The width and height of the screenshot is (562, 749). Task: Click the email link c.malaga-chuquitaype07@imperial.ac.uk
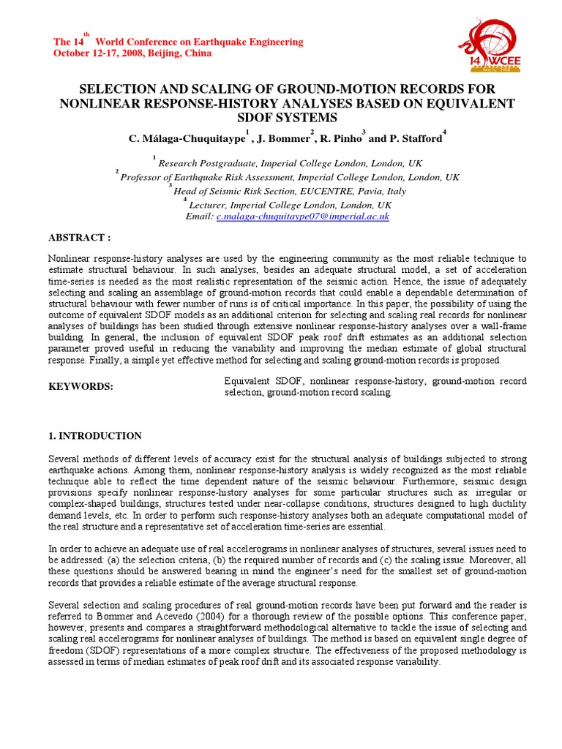pos(302,217)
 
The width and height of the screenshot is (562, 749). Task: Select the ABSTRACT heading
pos(79,238)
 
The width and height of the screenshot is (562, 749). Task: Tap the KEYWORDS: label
pos(80,387)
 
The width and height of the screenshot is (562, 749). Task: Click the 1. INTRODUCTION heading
pos(95,436)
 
